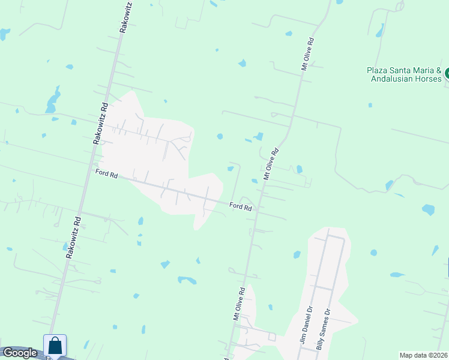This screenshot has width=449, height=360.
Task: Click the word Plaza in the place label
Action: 376,70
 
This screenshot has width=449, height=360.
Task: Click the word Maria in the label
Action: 424,70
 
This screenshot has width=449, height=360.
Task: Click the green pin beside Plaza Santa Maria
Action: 447,74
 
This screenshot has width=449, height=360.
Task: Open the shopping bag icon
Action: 55,346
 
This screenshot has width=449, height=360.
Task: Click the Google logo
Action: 20,353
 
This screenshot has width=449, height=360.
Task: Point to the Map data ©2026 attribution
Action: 423,355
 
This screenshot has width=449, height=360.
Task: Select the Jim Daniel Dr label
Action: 307,328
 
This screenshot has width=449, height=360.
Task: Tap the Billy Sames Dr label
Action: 322,329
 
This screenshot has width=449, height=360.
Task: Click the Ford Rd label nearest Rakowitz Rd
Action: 106,175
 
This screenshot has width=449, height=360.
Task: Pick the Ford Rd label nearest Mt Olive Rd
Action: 240,206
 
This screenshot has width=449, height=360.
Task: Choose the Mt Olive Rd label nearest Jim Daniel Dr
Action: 239,304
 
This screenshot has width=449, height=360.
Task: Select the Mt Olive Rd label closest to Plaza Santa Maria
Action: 308,55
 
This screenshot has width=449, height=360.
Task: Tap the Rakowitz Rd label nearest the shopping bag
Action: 73,237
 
